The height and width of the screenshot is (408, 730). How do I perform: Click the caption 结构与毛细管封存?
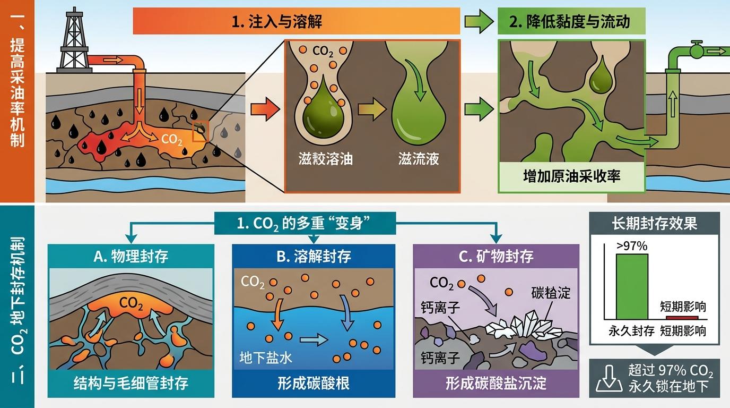tap(131, 384)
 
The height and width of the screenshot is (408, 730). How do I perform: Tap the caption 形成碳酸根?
tap(314, 384)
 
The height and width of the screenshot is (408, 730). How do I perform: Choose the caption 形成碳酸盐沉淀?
tap(496, 384)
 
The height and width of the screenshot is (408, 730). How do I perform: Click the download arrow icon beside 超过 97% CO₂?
tap(608, 378)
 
